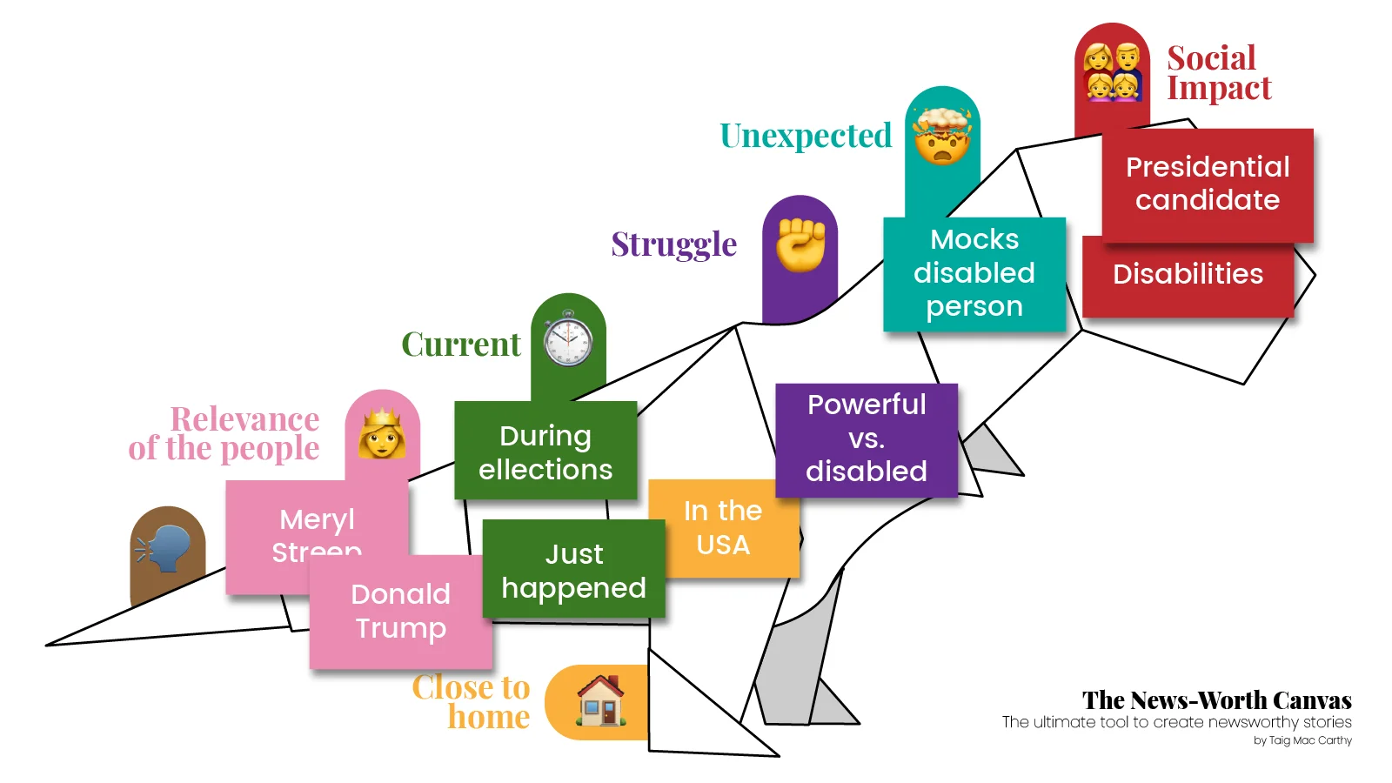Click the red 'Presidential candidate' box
(1207, 184)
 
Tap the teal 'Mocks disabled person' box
(974, 273)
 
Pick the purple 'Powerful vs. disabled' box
(866, 438)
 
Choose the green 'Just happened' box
(573, 571)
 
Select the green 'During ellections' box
(545, 452)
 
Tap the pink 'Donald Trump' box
(400, 611)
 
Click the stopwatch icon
(568, 339)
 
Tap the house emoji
(600, 701)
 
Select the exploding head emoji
(941, 136)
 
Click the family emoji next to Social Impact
(1112, 71)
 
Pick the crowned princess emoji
(382, 433)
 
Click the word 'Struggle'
(673, 244)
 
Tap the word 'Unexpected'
(806, 136)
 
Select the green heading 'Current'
(460, 345)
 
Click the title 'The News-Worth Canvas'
(1216, 700)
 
